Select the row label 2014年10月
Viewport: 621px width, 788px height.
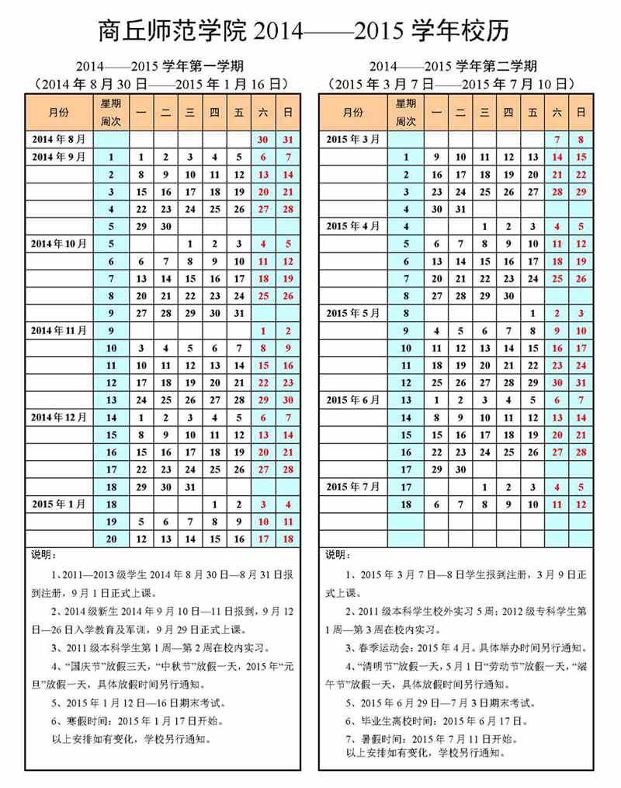(59, 243)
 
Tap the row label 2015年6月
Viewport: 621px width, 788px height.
(353, 400)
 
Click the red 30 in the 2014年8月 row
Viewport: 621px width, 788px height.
(263, 140)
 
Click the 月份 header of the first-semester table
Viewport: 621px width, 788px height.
(59, 113)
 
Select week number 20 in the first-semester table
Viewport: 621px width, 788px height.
(111, 539)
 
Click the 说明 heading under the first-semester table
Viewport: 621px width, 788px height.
(44, 555)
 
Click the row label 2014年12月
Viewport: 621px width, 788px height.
(59, 417)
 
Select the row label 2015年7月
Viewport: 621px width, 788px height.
(353, 487)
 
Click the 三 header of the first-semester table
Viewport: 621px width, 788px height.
(189, 113)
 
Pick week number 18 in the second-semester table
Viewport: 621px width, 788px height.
(406, 504)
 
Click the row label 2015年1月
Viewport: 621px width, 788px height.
(59, 504)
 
